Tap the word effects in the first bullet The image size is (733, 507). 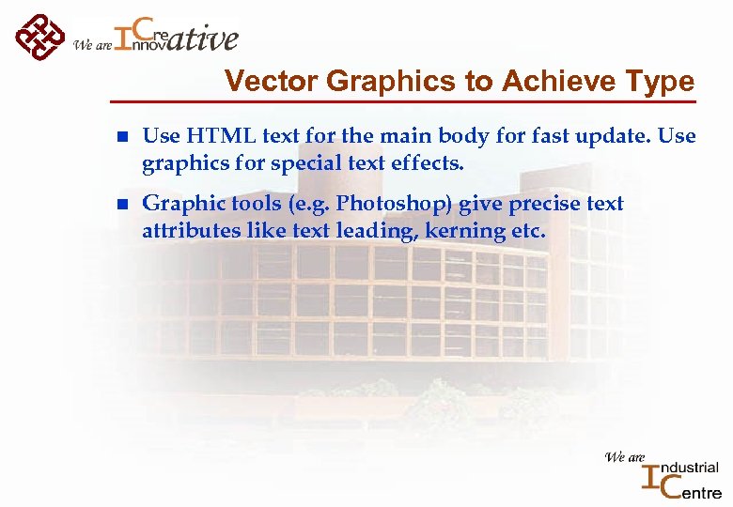(430, 163)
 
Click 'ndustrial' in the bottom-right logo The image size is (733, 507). (692, 468)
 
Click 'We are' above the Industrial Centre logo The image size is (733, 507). (625, 457)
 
